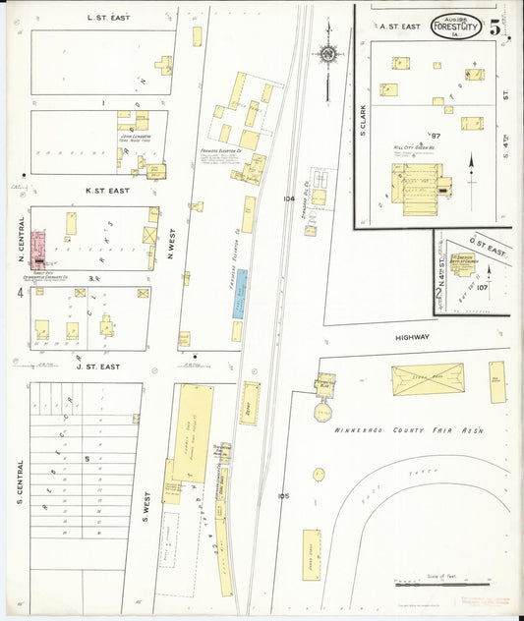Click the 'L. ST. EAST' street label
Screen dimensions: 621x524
point(108,17)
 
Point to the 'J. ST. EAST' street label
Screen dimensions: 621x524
point(96,367)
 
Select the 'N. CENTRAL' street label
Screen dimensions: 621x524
point(20,241)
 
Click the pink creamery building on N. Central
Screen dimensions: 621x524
point(38,250)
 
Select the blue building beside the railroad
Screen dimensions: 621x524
point(240,293)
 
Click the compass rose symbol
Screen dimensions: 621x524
point(327,54)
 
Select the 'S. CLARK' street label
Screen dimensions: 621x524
point(363,118)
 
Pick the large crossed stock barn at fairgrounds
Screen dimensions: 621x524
point(428,380)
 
